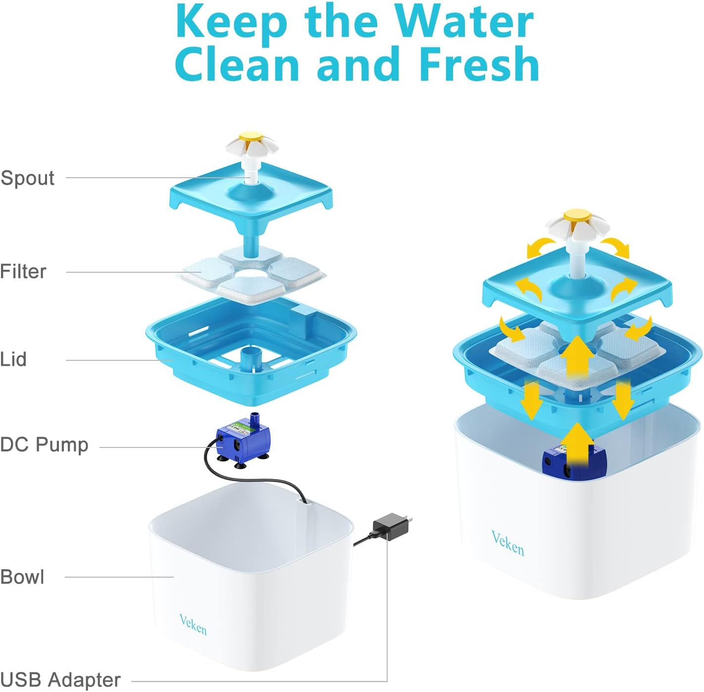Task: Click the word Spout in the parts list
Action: (x=27, y=178)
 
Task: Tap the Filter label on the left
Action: (x=23, y=271)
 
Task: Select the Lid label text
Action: (x=13, y=359)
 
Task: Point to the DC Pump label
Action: (x=44, y=445)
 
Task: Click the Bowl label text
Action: (x=22, y=577)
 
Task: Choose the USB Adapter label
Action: (x=60, y=680)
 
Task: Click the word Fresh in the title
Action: (x=479, y=64)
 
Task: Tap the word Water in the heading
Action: (x=464, y=22)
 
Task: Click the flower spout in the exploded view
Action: (x=252, y=147)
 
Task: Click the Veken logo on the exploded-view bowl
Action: (x=193, y=625)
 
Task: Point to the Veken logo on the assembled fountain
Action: (x=507, y=543)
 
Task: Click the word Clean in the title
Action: (x=238, y=64)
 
